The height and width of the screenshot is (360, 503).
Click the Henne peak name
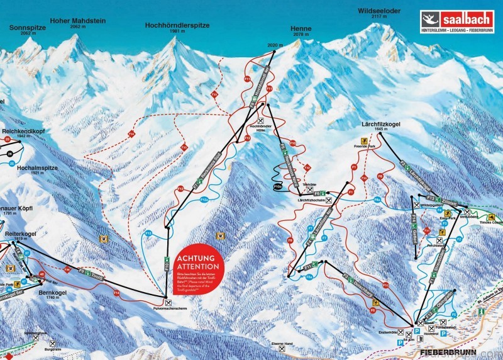[x=301, y=29]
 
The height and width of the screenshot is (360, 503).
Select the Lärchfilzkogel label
[x=381, y=125]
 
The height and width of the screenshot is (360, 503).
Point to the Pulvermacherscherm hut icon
[x=167, y=303]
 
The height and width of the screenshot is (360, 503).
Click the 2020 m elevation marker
[x=272, y=45]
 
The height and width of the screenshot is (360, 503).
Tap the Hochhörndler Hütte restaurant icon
[x=260, y=120]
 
